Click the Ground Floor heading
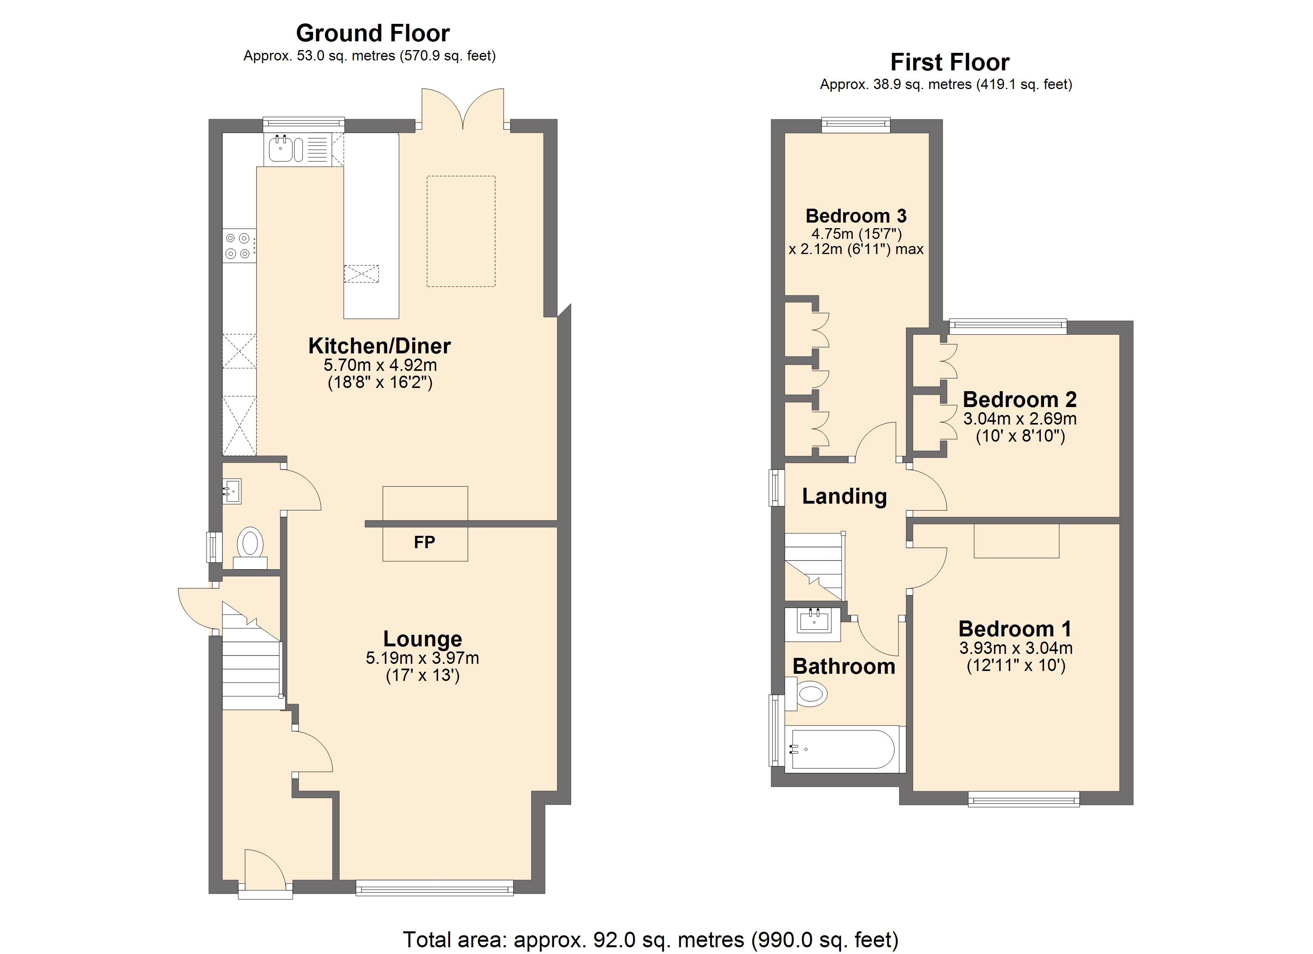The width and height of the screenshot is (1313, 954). (x=373, y=33)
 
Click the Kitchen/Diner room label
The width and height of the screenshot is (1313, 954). (x=379, y=346)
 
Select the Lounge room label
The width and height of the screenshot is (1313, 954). (x=423, y=639)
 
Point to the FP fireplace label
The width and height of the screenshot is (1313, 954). (x=425, y=542)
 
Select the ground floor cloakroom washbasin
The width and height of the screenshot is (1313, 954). (x=232, y=491)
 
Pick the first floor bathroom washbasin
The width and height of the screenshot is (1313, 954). (x=813, y=624)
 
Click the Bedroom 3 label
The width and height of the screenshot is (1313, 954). (x=856, y=216)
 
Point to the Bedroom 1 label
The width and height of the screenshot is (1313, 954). (x=1015, y=629)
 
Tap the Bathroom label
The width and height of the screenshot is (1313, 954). (x=844, y=667)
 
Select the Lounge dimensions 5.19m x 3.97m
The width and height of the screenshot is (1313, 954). (x=423, y=658)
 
